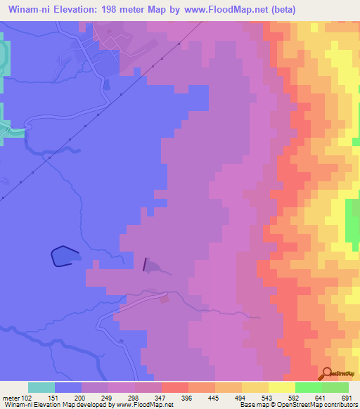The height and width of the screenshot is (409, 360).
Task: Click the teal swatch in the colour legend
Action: point(41,387)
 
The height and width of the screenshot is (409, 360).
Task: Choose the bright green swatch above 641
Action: point(309,387)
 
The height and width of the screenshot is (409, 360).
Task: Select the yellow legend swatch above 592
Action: point(282,387)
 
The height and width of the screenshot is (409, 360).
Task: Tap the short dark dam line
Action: point(146,264)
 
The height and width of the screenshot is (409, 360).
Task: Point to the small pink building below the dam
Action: point(164,299)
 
